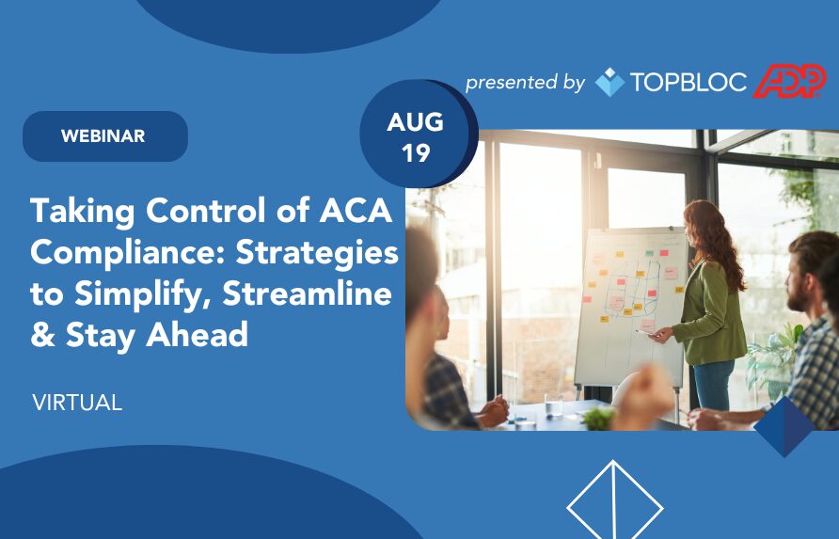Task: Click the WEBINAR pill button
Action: point(105,136)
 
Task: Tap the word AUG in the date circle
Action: point(415,122)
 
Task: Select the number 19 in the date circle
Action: point(416,153)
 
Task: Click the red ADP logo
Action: point(789,81)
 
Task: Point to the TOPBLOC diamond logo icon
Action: point(609,82)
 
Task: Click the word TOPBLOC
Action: point(689,83)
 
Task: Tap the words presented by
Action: point(525,83)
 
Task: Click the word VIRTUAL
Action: point(77,403)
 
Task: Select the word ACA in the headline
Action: point(356,211)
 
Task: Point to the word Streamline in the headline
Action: point(308,293)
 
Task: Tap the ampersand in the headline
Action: point(43,335)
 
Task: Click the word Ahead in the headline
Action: point(197,335)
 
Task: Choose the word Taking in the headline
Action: point(83,212)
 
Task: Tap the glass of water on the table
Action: point(553,404)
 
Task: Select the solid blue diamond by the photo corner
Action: point(784,427)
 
